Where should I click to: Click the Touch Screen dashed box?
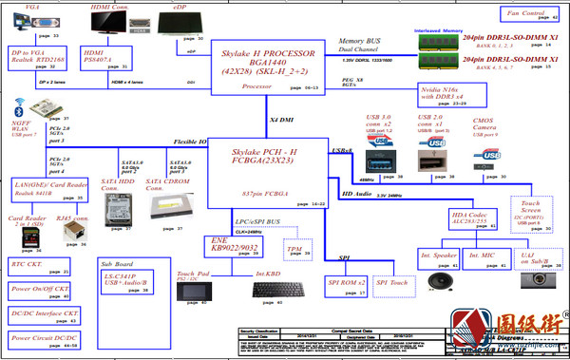[529, 213]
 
